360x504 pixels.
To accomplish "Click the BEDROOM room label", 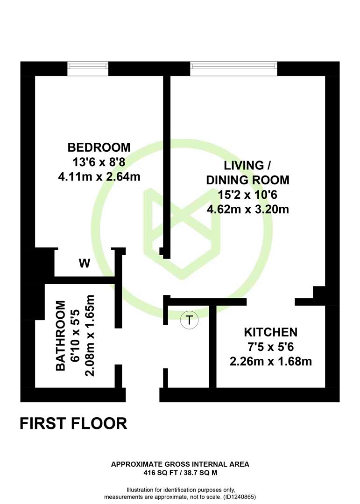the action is click(x=99, y=147).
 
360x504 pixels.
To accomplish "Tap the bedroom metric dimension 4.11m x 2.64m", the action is click(x=99, y=177).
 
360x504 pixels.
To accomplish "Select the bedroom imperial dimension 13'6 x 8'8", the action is click(x=99, y=162).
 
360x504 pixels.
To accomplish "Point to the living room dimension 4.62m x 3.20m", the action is click(x=248, y=210).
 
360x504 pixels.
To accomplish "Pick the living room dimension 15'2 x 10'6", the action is click(x=248, y=195).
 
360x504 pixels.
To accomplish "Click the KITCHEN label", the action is click(x=270, y=332).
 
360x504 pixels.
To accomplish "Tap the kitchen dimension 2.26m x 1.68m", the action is click(x=270, y=362).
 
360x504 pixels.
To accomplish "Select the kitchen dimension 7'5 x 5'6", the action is click(x=270, y=347).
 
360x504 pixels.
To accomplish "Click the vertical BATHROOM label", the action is click(x=61, y=336).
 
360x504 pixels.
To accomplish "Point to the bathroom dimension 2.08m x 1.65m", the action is click(x=90, y=336).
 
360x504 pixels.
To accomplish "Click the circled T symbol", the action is click(x=190, y=320).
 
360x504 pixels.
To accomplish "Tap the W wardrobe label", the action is click(x=85, y=264).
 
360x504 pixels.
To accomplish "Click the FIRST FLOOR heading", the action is click(x=74, y=423).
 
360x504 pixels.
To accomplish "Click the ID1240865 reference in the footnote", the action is click(x=240, y=497).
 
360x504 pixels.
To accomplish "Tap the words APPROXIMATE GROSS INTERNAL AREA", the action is click(x=180, y=464).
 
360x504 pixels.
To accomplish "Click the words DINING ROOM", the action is click(x=248, y=180).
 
